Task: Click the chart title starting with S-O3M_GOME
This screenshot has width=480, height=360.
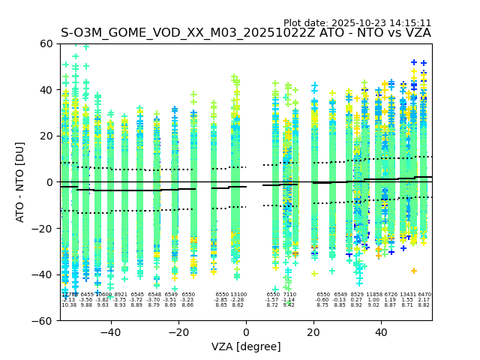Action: [246, 33]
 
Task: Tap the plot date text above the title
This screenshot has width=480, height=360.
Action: [357, 22]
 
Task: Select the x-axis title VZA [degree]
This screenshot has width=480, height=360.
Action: [246, 346]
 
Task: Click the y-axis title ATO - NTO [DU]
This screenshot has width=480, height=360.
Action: [20, 181]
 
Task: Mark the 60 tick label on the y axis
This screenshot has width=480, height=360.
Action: [47, 43]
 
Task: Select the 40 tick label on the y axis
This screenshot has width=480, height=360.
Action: [47, 90]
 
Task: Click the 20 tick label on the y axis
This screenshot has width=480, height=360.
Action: [47, 136]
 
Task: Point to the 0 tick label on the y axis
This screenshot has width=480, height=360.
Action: [50, 182]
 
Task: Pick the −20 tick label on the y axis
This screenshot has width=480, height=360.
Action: [44, 228]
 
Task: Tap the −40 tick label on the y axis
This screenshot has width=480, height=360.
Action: [44, 274]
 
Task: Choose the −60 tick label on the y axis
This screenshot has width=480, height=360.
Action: [44, 320]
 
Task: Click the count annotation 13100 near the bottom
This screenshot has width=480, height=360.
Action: [238, 295]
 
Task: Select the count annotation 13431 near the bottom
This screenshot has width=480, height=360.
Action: [407, 295]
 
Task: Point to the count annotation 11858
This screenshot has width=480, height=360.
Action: [373, 295]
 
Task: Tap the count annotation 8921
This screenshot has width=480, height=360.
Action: [120, 295]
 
